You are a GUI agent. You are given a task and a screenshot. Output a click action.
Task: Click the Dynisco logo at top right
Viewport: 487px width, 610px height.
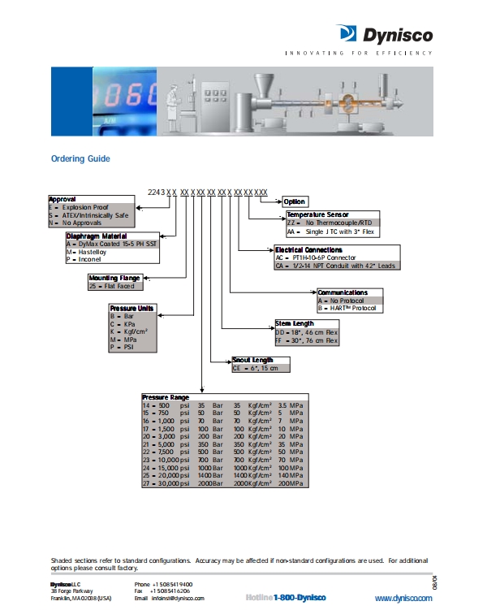point(384,34)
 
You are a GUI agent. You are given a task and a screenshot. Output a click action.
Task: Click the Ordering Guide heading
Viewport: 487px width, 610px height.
point(80,158)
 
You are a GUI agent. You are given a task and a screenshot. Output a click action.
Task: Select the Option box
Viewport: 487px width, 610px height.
point(295,201)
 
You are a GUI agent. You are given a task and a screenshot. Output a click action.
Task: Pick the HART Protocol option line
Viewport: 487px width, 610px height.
point(348,308)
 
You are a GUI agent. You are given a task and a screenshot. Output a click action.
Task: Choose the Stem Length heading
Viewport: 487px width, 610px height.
point(295,323)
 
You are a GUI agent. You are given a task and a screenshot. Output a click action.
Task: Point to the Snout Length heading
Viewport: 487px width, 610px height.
point(252,359)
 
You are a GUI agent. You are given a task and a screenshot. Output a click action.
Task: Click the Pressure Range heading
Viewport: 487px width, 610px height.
point(166,396)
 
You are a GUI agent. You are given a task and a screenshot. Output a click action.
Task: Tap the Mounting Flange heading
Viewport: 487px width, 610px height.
point(114,278)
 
